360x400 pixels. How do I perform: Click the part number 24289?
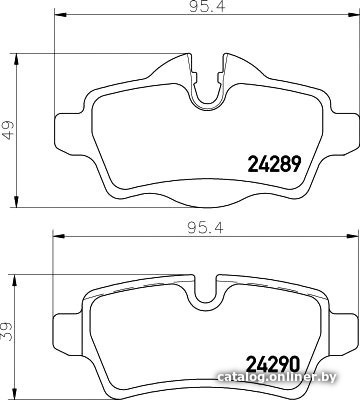[274, 164]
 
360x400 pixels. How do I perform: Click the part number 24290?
[273, 365]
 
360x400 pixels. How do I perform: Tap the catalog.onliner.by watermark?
[277, 377]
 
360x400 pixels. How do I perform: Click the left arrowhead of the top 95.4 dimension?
[60, 14]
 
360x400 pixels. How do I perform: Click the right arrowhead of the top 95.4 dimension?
[353, 14]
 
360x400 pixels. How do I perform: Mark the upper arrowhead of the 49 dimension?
[16, 60]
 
